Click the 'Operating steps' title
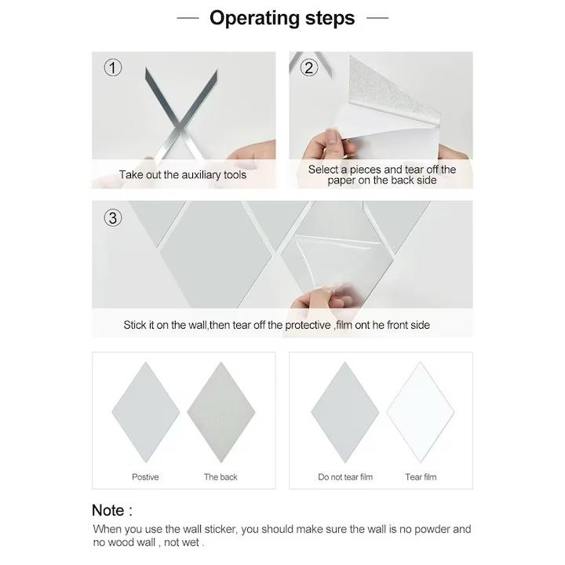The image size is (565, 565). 282,18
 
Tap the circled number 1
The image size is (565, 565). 113,67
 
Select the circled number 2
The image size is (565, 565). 309,67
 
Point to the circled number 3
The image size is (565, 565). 113,218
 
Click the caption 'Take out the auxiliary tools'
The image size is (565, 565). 183,175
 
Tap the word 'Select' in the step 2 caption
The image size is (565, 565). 323,169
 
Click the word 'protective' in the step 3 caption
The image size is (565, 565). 308,325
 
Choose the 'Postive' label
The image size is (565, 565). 145,477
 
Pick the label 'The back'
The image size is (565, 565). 221,477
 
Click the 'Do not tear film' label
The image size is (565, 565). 345,477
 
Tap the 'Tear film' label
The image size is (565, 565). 421,477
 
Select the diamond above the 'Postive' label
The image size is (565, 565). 146,412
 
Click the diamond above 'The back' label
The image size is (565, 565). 221,412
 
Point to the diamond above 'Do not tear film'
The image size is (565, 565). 344,412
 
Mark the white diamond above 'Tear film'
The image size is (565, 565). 420,412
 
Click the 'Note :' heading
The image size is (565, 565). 112,510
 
